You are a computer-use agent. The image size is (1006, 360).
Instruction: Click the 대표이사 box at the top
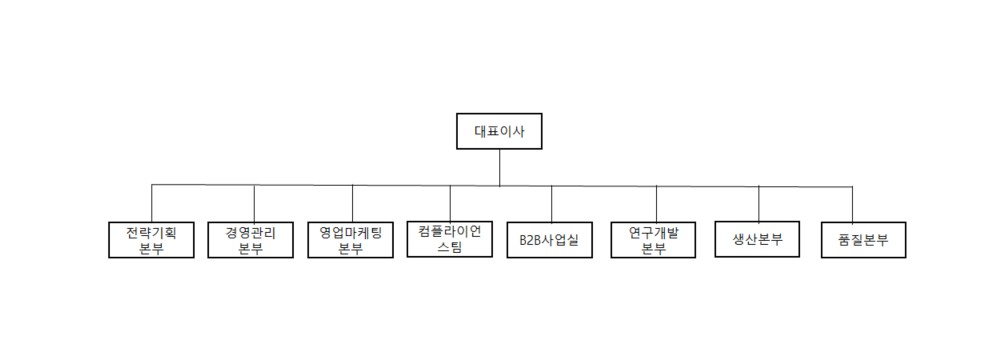pyautogui.click(x=499, y=131)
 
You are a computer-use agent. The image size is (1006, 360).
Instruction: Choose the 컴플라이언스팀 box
pyautogui.click(x=450, y=239)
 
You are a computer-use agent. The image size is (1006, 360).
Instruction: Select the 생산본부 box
pyautogui.click(x=758, y=239)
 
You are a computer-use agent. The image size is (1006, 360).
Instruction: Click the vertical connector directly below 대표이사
pyautogui.click(x=499, y=167)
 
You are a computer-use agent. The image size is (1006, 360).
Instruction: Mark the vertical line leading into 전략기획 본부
pyautogui.click(x=152, y=204)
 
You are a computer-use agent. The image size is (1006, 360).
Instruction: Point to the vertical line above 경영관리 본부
pyautogui.click(x=254, y=204)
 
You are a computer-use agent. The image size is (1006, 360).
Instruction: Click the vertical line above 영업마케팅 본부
pyautogui.click(x=352, y=204)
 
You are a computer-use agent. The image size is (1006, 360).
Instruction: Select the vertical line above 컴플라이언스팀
pyautogui.click(x=450, y=203)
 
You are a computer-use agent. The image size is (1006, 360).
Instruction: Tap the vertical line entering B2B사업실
pyautogui.click(x=551, y=204)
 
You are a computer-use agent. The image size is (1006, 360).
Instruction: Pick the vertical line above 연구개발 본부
pyautogui.click(x=657, y=204)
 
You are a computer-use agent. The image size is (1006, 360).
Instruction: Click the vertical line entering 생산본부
pyautogui.click(x=759, y=203)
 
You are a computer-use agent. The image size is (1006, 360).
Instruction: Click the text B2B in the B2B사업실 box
pyautogui.click(x=532, y=241)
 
